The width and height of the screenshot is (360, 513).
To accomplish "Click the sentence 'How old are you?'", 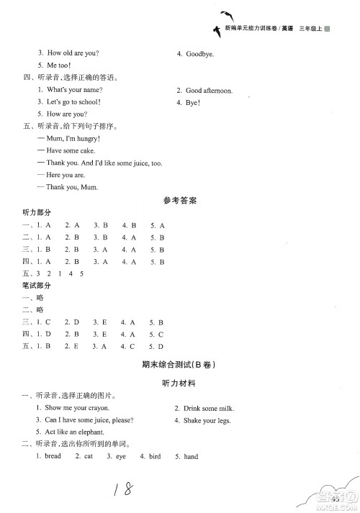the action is [73, 53].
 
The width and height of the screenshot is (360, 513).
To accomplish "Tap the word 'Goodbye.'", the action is [200, 53].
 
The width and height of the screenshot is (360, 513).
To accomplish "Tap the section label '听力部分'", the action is [38, 213].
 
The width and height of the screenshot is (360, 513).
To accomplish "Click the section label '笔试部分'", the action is [38, 286].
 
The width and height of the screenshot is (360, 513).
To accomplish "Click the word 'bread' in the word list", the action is [53, 456].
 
